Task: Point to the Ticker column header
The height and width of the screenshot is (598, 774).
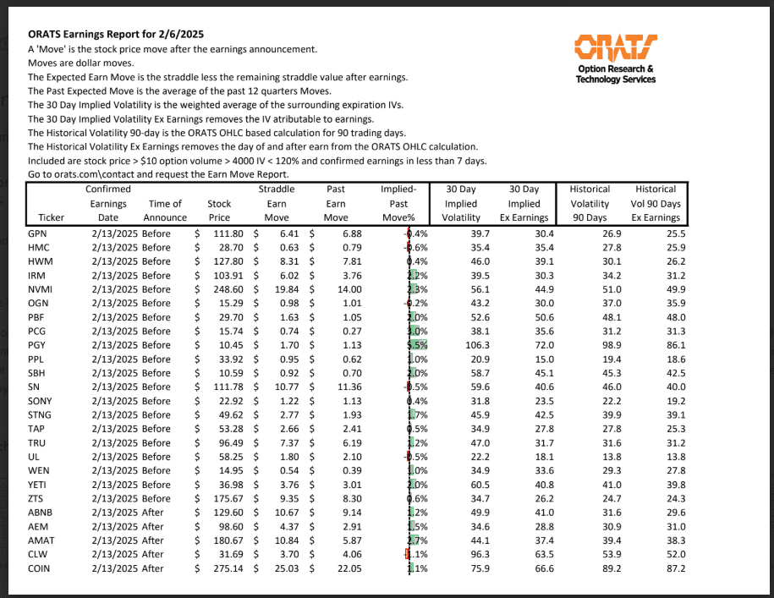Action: [41, 217]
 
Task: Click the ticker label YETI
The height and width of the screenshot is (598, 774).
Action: [38, 484]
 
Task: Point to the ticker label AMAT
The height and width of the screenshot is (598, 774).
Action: [41, 540]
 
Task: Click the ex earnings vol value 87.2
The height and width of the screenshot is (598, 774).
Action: [672, 568]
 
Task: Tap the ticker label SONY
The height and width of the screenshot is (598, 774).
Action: [40, 400]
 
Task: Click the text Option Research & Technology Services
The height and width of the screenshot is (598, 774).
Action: [615, 74]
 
